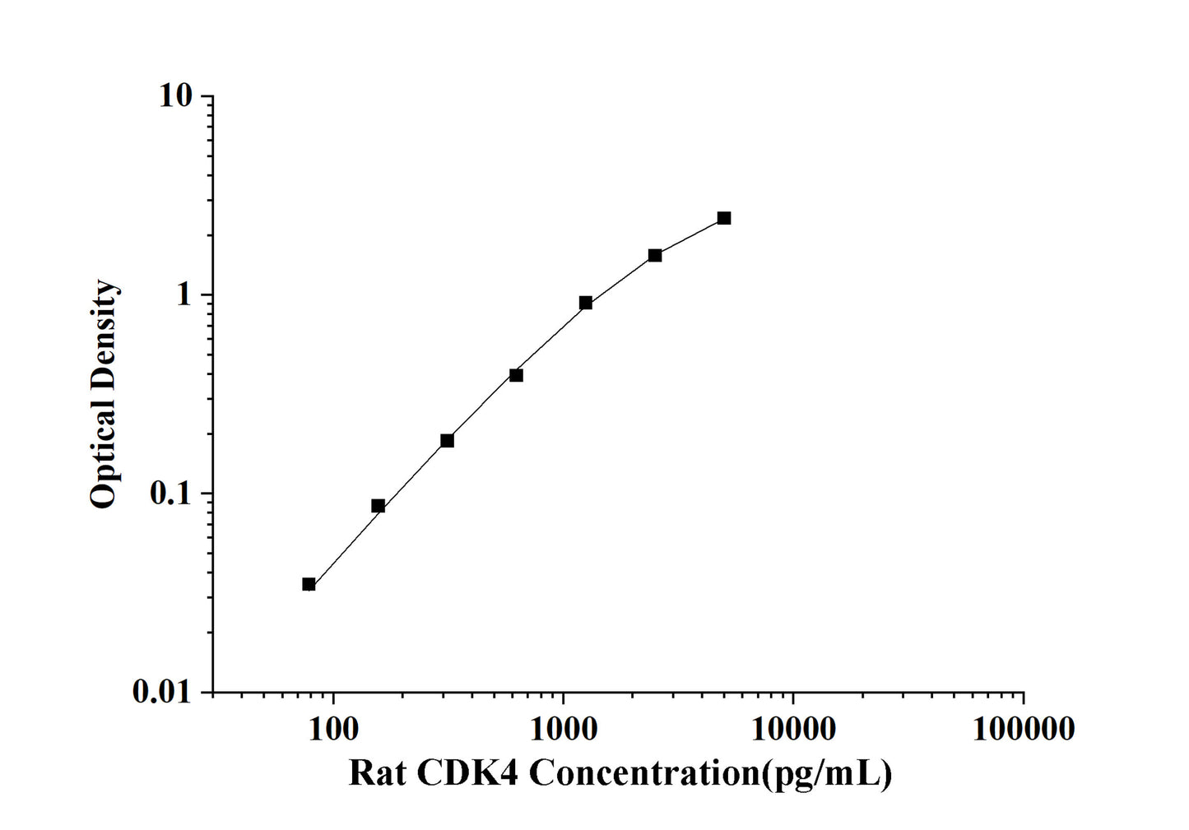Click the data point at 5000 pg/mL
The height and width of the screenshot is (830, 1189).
(x=723, y=218)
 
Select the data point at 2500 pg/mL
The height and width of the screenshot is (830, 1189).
(x=654, y=255)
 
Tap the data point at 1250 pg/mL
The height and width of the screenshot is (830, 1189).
(x=585, y=303)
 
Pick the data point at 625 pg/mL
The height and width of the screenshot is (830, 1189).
(x=516, y=375)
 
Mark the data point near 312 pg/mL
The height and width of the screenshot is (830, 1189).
(x=447, y=440)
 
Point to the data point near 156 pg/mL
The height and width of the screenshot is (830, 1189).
(x=378, y=506)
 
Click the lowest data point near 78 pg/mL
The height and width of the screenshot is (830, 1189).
(x=309, y=584)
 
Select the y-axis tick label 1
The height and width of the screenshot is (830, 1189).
(x=183, y=295)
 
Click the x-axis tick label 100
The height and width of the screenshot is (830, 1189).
(x=332, y=729)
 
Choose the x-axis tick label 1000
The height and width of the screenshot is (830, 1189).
(x=563, y=729)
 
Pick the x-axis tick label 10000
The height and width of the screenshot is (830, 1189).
(x=792, y=729)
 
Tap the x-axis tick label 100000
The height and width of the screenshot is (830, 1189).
(x=1023, y=729)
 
